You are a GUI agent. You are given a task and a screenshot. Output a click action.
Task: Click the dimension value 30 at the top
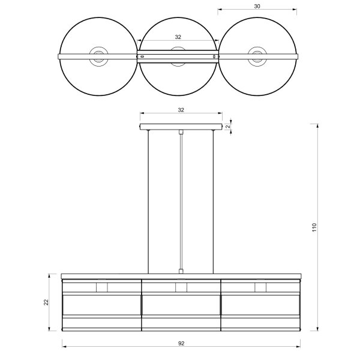click(257, 6)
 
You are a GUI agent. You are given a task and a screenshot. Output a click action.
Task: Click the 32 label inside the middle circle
click(178, 37)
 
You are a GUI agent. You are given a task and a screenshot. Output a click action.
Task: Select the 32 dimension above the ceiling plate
click(181, 110)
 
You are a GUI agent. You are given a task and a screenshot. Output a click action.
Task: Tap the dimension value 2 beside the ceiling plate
click(228, 127)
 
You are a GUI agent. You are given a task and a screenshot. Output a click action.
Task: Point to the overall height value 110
click(314, 227)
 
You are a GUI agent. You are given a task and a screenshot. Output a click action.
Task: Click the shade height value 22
click(46, 302)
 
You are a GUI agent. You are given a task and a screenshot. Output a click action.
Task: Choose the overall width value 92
click(181, 343)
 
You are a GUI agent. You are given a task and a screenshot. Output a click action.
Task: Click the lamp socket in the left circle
click(99, 56)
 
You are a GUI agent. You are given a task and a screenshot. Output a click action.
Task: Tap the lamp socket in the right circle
click(257, 56)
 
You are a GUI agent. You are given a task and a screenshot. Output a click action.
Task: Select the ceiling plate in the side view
click(181, 127)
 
